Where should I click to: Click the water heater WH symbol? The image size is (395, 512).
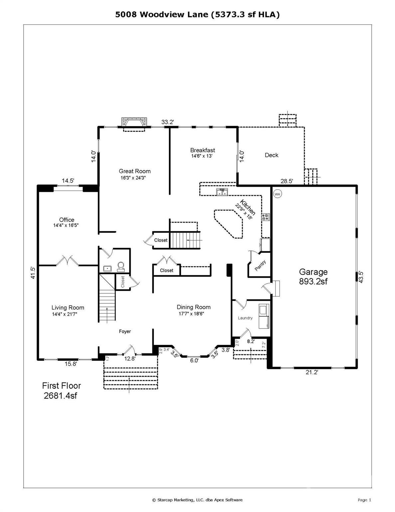277,194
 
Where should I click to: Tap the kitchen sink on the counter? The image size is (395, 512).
222,192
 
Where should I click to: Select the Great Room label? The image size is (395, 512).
135,171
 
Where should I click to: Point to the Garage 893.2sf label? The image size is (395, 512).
313,277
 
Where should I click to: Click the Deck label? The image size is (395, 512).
272,155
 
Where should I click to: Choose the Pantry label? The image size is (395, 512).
260,266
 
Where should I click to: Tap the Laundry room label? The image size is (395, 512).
245,318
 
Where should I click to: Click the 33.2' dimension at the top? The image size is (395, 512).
168,122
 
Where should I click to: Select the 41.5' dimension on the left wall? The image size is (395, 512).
32,273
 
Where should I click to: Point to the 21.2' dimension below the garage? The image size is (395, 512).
312,372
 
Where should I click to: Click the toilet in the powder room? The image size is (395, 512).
121,266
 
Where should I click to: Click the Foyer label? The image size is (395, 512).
125,331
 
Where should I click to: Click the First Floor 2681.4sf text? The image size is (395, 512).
61,391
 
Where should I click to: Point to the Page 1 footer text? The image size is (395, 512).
364,500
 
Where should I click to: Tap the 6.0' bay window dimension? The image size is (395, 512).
194,360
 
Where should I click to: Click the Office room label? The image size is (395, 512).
67,220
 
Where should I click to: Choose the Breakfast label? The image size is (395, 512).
203,150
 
